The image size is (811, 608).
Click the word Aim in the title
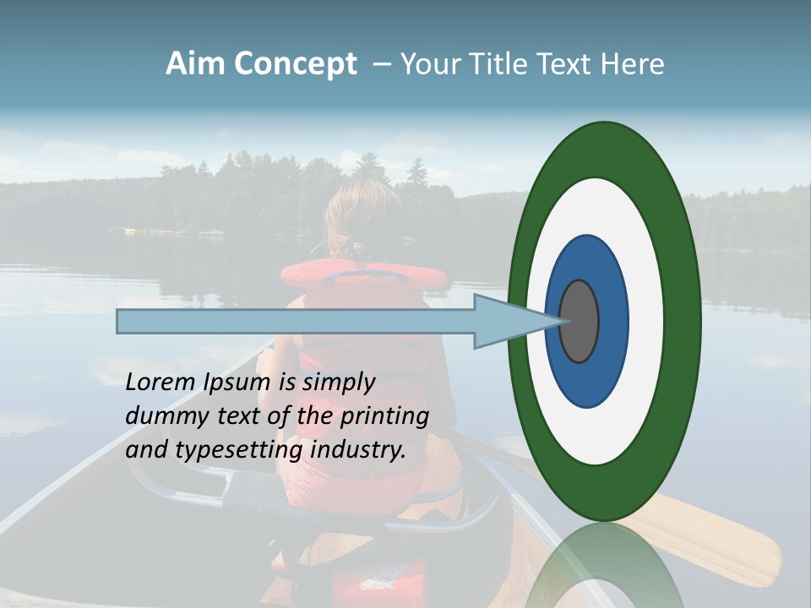tap(195, 64)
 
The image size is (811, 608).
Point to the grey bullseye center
tap(580, 322)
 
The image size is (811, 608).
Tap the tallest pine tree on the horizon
tap(416, 173)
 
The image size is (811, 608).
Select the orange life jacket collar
tap(363, 273)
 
